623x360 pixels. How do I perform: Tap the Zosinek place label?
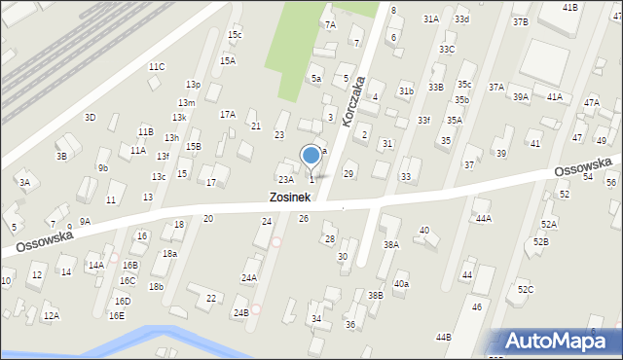pyautogui.click(x=290, y=198)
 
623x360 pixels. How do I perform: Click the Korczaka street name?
pyautogui.click(x=353, y=98)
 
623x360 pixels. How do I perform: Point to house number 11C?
pyautogui.click(x=157, y=66)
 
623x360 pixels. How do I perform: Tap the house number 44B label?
pyautogui.click(x=444, y=337)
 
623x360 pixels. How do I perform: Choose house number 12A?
pyautogui.click(x=51, y=315)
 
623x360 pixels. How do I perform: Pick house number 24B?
pyautogui.click(x=240, y=312)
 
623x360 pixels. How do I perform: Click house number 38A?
pyautogui.click(x=391, y=245)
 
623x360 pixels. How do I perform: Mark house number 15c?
pyautogui.click(x=235, y=35)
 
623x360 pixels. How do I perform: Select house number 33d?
pyautogui.click(x=461, y=19)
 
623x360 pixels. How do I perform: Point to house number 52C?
pyautogui.click(x=526, y=289)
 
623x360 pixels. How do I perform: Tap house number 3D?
pyautogui.click(x=90, y=117)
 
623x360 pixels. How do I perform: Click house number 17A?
pyautogui.click(x=228, y=114)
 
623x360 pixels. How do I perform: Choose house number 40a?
pyautogui.click(x=401, y=284)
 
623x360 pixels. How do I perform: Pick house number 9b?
pyautogui.click(x=102, y=167)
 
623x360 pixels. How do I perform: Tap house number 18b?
pyautogui.click(x=156, y=286)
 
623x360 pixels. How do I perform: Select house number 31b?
pyautogui.click(x=406, y=91)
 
